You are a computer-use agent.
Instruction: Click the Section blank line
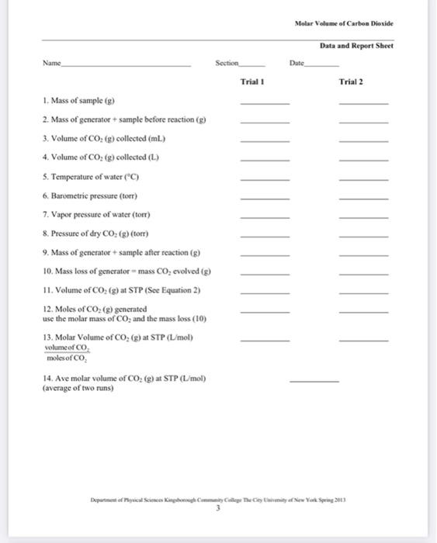tap(255, 65)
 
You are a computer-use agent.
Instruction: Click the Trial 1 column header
tap(253, 81)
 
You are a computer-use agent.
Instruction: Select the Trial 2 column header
tap(352, 81)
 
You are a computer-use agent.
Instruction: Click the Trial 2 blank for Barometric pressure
tap(363, 198)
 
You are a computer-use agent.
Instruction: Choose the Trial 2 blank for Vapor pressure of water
tap(363, 217)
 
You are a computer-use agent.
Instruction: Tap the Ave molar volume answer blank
tap(314, 382)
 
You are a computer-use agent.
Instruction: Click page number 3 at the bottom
tap(218, 501)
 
